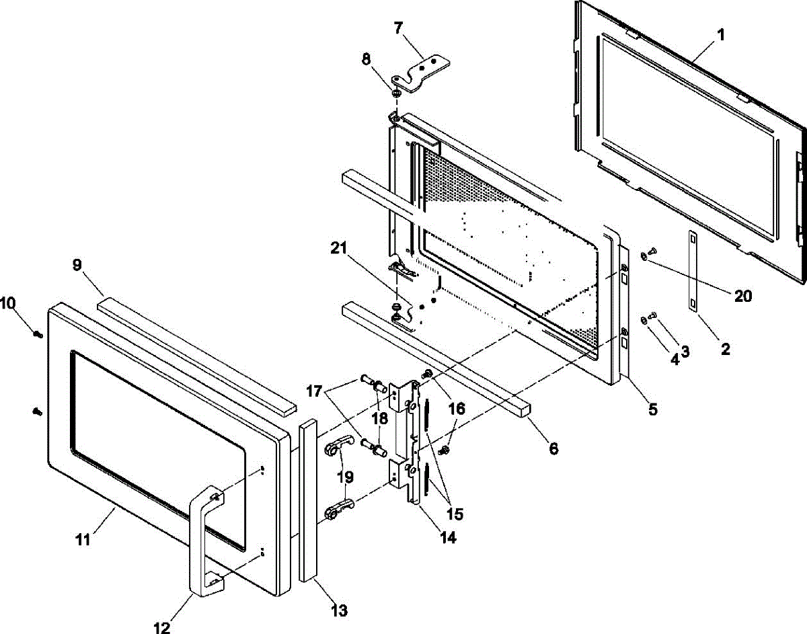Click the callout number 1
pos(720,35)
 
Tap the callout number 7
pos(399,28)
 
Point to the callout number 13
pos(340,610)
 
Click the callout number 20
pos(743,296)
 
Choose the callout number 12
pos(162,627)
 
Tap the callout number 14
pos(447,538)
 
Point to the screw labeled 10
pos(38,333)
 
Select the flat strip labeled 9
pos(195,356)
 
